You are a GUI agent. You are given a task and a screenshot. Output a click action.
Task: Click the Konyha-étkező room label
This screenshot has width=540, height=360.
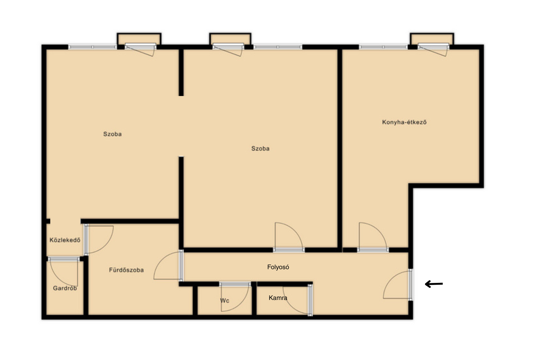404,122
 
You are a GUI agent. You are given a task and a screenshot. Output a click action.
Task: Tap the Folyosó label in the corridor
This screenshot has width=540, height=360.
278,267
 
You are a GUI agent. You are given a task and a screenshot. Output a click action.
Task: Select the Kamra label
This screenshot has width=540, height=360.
278,298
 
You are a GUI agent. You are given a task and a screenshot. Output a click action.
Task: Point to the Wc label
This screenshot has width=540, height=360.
225,301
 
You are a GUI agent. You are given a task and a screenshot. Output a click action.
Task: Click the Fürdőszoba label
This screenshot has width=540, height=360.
126,270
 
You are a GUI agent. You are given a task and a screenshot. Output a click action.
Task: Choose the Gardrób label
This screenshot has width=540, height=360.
65,288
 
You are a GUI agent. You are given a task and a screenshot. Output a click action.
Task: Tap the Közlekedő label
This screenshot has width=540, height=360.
65,240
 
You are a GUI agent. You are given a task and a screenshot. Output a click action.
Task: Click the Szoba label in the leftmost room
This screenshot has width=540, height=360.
112,134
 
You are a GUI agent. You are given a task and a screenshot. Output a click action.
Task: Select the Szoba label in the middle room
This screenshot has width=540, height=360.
260,148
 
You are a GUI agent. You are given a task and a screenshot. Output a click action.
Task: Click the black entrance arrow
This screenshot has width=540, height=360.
434,284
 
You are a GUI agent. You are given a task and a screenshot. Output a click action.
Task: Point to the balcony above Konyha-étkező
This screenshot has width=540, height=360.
432,39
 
